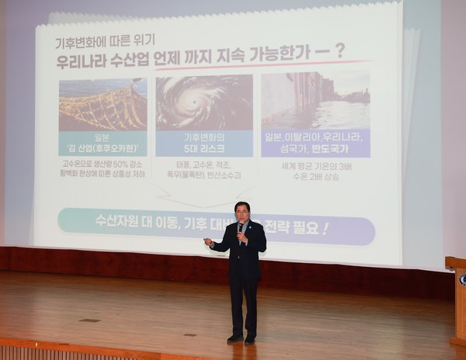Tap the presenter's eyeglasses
[242, 211]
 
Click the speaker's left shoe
[249, 340]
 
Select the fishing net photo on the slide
[103, 104]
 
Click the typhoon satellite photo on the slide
[203, 102]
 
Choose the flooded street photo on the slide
[315, 101]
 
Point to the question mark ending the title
[339, 52]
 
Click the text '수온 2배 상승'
[317, 176]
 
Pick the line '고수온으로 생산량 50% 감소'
[103, 164]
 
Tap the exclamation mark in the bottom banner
[325, 229]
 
